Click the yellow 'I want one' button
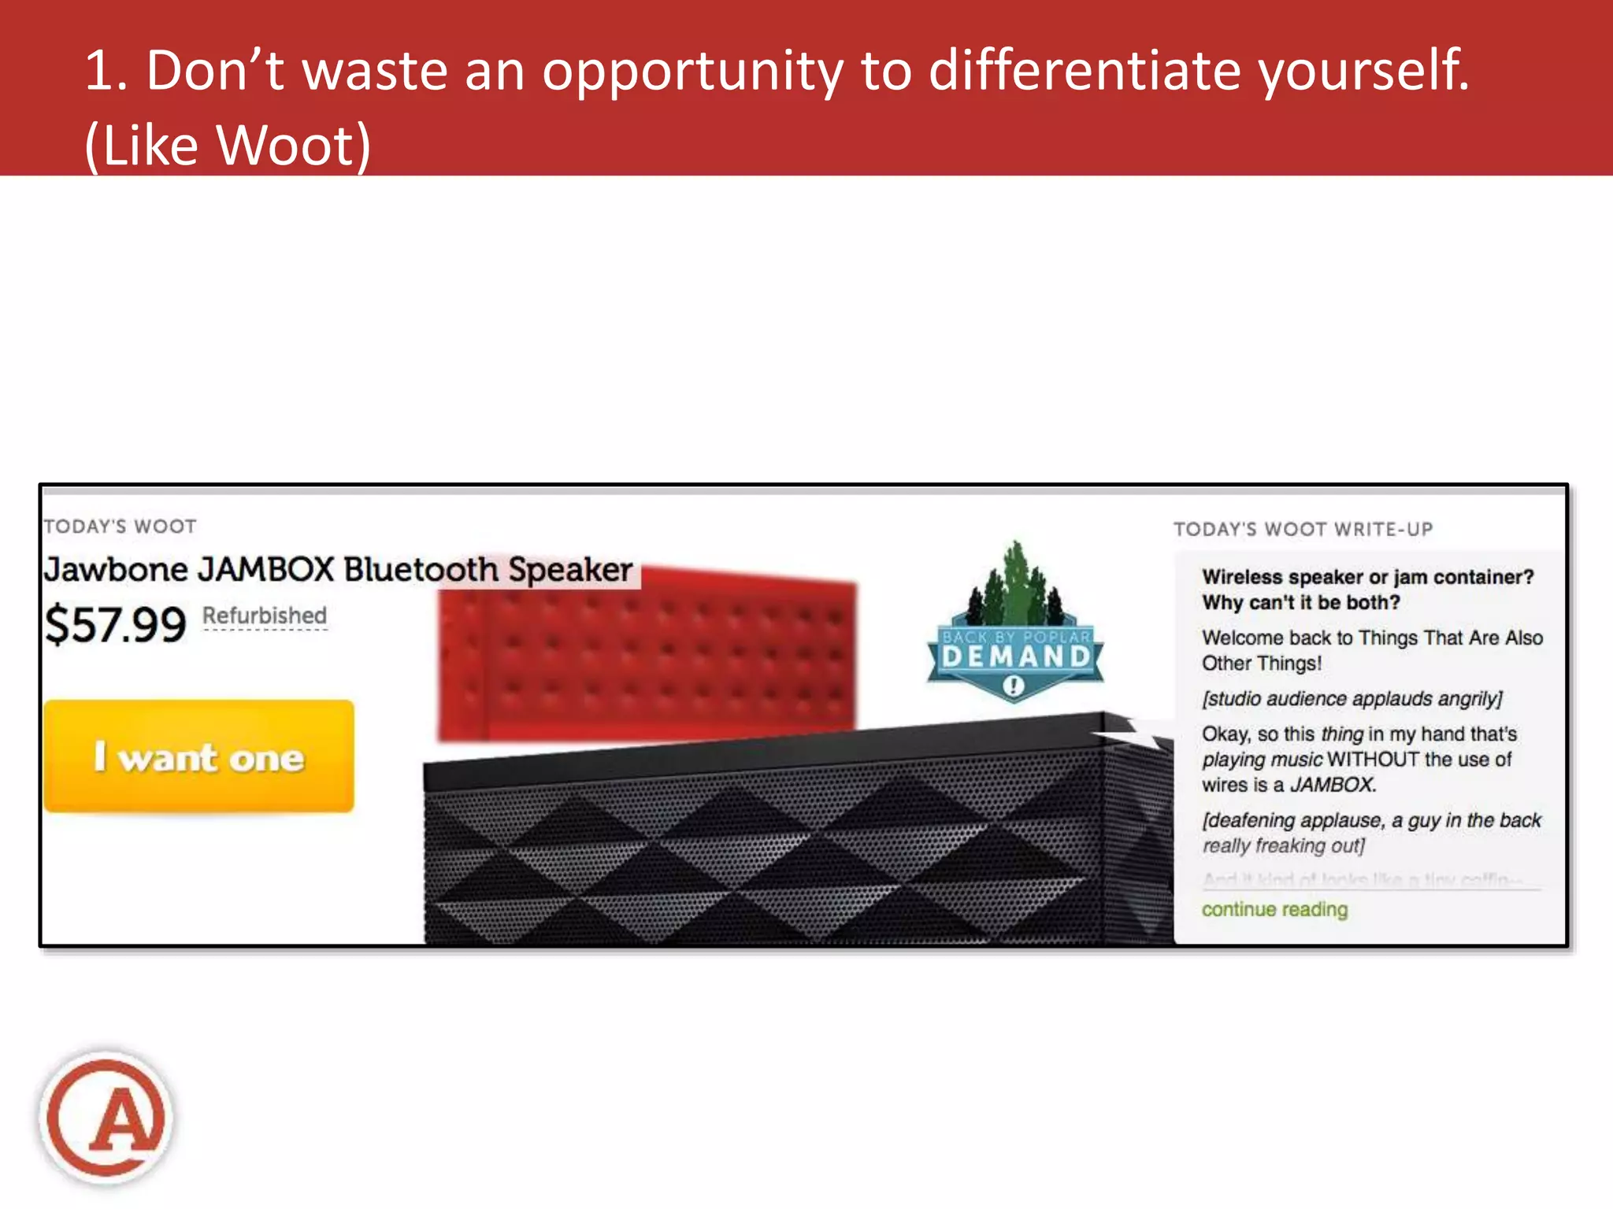[x=198, y=756]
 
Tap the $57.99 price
[x=115, y=625]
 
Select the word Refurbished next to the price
[x=264, y=616]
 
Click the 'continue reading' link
[x=1274, y=909]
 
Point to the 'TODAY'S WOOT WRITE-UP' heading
[x=1302, y=529]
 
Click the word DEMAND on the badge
[x=1015, y=656]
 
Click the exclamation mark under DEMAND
[x=1014, y=686]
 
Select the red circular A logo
[x=106, y=1117]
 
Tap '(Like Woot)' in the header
[x=228, y=146]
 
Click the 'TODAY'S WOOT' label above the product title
[x=120, y=526]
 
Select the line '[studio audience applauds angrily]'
[x=1352, y=699]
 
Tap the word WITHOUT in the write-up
[x=1373, y=760]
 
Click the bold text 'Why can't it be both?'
[x=1300, y=602]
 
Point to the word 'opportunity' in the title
[x=692, y=71]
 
